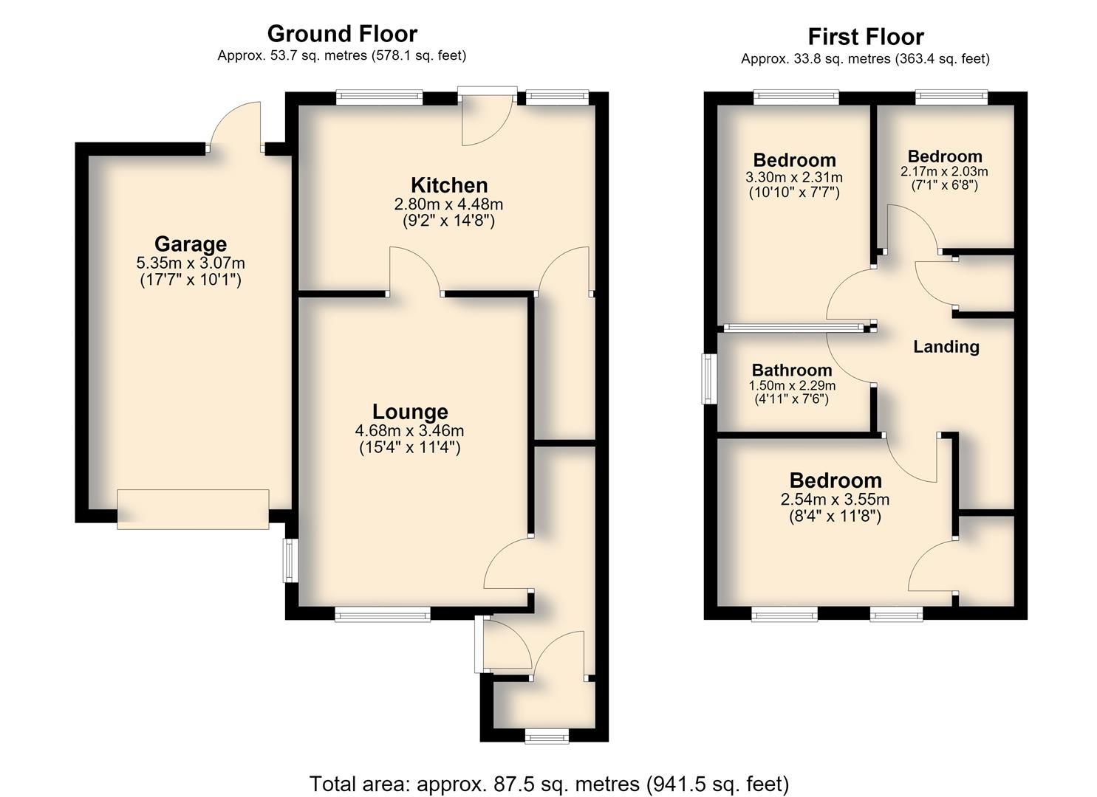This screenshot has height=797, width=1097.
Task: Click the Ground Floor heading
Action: pyautogui.click(x=342, y=34)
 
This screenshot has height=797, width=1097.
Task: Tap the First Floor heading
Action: pyautogui.click(x=866, y=37)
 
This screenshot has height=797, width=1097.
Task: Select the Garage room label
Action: pyautogui.click(x=191, y=244)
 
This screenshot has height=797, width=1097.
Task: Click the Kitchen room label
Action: pyautogui.click(x=449, y=185)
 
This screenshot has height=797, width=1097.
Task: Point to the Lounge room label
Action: pyautogui.click(x=410, y=412)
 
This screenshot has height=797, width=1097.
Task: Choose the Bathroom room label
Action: pyautogui.click(x=792, y=370)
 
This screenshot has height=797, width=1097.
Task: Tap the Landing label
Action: pyautogui.click(x=946, y=347)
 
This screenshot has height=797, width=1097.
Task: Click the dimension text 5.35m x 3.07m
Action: pyautogui.click(x=191, y=263)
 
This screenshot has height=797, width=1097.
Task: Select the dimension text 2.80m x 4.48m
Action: pyautogui.click(x=448, y=204)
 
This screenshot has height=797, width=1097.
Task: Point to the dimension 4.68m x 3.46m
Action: pyautogui.click(x=409, y=431)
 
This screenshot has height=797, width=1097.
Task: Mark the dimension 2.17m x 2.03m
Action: pyautogui.click(x=944, y=172)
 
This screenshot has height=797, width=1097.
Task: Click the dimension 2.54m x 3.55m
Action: pyautogui.click(x=835, y=500)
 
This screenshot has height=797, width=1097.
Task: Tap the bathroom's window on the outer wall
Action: pyautogui.click(x=708, y=379)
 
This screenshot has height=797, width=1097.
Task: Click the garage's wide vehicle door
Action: pyautogui.click(x=193, y=509)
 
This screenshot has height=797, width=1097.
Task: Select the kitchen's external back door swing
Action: pyautogui.click(x=487, y=120)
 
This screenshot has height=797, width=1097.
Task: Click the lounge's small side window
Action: pyautogui.click(x=290, y=561)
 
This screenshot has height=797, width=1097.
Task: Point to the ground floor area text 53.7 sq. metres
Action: pyautogui.click(x=318, y=55)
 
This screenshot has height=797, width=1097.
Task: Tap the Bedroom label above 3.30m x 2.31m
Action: pyautogui.click(x=794, y=160)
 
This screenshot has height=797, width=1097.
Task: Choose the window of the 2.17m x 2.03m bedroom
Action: pyautogui.click(x=951, y=97)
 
